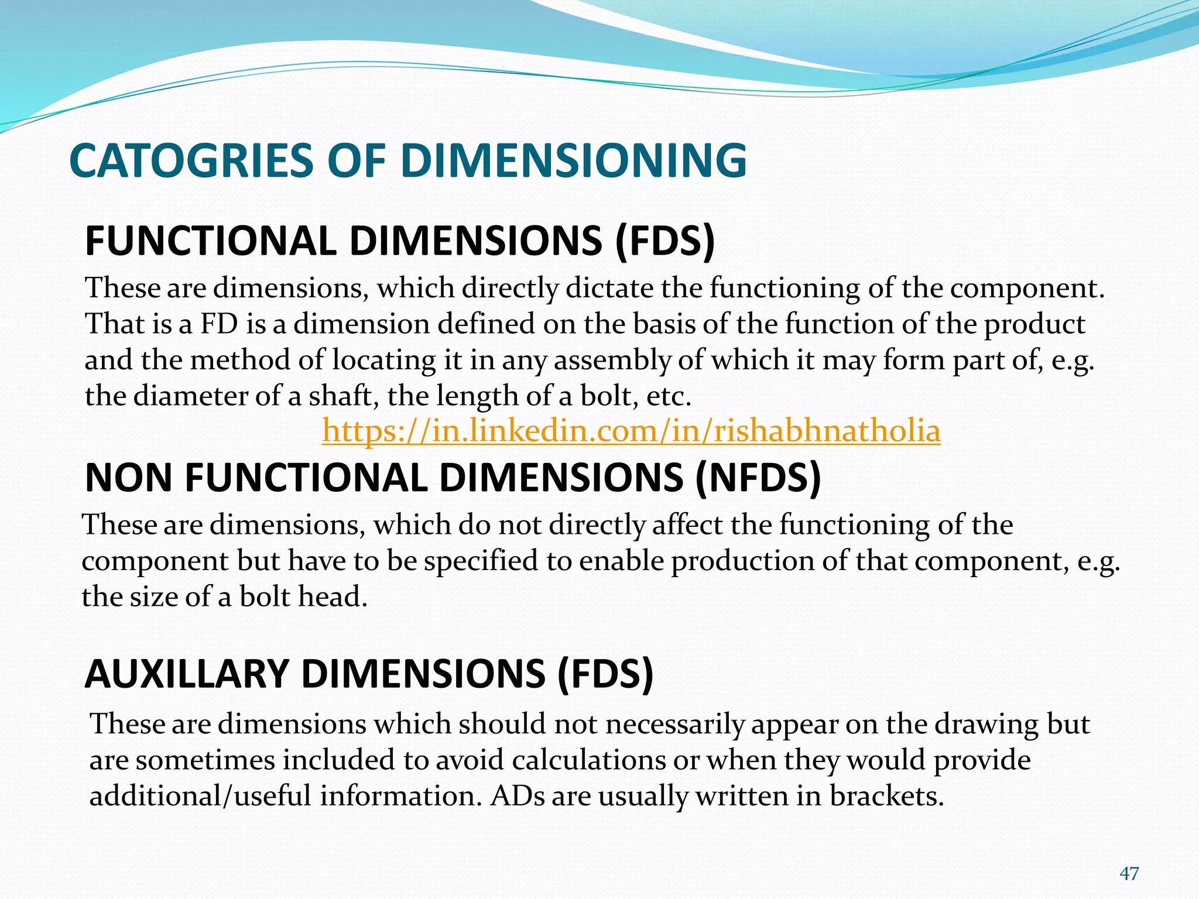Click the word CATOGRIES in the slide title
tap(193, 161)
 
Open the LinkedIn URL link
tap(631, 431)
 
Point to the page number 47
tap(1129, 874)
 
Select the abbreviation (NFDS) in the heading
tap(758, 478)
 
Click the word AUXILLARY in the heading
tap(187, 674)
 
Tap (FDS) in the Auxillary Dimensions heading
tap(605, 674)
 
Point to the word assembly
tap(612, 360)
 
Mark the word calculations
tap(588, 760)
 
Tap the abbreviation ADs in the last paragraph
tap(517, 796)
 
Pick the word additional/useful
tap(200, 796)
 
